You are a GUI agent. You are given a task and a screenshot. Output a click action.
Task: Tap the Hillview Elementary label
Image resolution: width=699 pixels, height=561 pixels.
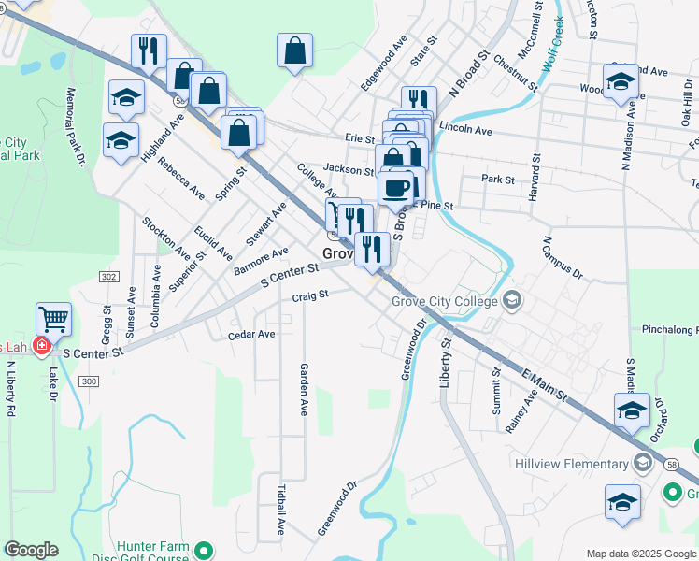[x=571, y=464]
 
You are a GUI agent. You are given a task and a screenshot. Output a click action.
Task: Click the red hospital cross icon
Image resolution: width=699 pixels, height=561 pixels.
[x=41, y=347]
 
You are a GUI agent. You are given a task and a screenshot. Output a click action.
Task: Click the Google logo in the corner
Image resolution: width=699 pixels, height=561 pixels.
[x=31, y=550]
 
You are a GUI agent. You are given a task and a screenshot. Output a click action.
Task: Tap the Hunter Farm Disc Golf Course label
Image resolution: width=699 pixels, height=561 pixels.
[x=152, y=552]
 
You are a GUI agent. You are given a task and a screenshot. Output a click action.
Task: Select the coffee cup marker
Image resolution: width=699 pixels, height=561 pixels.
[x=395, y=187]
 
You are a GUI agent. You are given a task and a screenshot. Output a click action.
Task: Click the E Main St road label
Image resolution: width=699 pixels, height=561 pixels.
[x=545, y=384]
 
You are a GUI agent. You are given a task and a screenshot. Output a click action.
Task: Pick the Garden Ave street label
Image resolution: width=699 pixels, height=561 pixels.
[x=304, y=389]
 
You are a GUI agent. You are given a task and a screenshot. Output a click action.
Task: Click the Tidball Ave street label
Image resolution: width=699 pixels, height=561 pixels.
[x=281, y=509]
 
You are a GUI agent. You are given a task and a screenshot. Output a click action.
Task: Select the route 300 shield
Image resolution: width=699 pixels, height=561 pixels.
[x=89, y=381]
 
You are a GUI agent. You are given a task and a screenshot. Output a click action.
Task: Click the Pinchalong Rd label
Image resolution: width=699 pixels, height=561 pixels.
[x=669, y=330]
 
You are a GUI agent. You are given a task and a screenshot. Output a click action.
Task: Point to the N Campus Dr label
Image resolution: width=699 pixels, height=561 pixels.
[x=562, y=259]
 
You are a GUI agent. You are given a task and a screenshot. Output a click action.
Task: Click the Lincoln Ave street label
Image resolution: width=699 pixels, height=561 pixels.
[x=464, y=130]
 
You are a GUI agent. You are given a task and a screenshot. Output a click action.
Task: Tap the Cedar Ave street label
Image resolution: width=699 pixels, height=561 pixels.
[x=251, y=334]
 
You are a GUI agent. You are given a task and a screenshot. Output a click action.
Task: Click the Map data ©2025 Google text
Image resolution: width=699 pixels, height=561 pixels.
[x=641, y=554]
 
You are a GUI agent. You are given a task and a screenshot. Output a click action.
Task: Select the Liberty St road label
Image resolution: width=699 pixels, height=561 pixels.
[x=445, y=364]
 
